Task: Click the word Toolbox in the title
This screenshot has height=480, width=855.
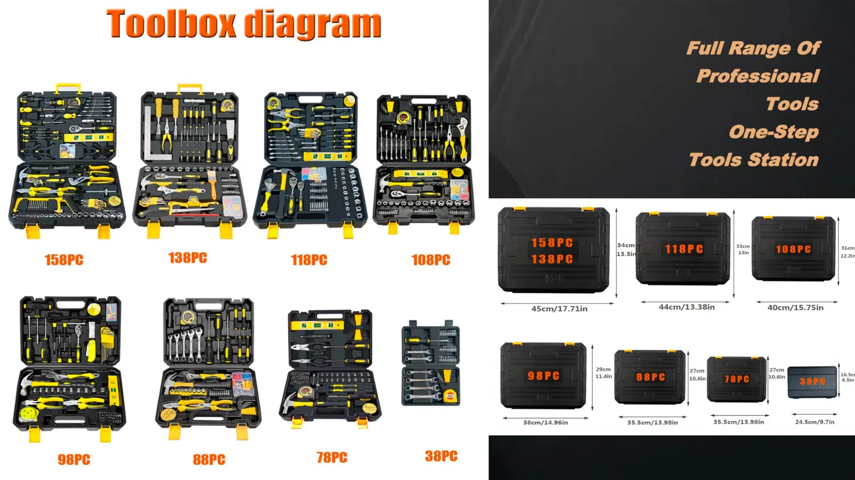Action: (171, 24)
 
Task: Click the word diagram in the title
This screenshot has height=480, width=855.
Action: (313, 25)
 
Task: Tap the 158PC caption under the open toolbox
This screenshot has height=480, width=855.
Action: (64, 260)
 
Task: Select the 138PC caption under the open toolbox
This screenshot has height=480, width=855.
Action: (188, 258)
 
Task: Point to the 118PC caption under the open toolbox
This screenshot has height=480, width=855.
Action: (309, 260)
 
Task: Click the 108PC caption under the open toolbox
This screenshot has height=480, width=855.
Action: (431, 260)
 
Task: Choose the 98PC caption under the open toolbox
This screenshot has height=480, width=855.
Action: (74, 460)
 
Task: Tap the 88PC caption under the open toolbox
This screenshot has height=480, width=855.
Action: (209, 460)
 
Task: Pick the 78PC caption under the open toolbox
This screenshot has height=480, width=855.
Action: (332, 457)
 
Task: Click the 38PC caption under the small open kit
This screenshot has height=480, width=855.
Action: (441, 456)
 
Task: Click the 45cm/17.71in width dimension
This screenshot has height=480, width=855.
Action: (559, 309)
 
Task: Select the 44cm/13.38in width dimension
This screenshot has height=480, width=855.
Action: (686, 307)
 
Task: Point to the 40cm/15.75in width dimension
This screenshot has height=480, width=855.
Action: (795, 308)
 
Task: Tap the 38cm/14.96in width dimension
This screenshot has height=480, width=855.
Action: (545, 423)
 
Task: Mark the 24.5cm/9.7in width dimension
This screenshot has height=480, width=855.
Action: (814, 422)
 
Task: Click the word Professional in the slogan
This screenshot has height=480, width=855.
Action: (758, 76)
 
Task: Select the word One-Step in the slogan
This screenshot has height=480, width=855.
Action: (774, 132)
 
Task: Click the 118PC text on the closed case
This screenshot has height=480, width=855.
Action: (684, 249)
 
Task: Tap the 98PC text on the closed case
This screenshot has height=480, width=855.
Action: (543, 376)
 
